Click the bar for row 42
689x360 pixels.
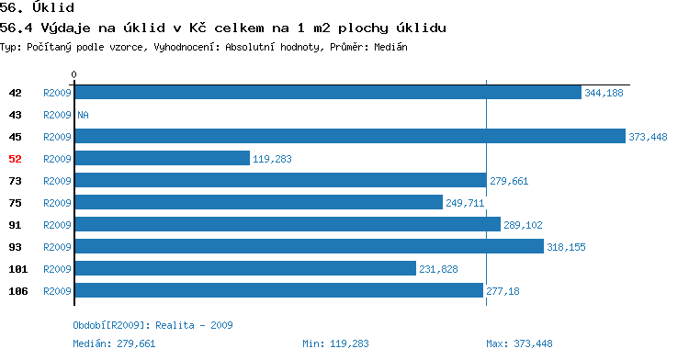pos(328,93)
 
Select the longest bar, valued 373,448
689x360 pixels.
pos(350,136)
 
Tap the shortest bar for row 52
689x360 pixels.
pos(163,158)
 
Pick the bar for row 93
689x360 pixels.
pos(310,246)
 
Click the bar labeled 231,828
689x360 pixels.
pos(245,268)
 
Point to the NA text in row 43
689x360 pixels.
pos(83,115)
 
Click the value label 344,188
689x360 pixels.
pos(604,93)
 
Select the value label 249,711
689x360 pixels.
pos(465,203)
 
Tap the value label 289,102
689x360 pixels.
pos(523,225)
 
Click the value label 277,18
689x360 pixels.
pos(503,291)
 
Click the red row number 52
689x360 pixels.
pos(15,159)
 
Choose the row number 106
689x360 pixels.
pos(18,291)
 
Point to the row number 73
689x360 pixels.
pos(15,181)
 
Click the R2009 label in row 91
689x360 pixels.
pos(57,225)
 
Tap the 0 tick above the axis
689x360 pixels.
pos(73,74)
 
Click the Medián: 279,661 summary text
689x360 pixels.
pos(114,343)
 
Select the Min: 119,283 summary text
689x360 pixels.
pos(335,343)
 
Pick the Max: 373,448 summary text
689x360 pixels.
pos(519,343)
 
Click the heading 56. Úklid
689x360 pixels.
pos(37,7)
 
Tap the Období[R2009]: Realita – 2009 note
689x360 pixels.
pos(152,325)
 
